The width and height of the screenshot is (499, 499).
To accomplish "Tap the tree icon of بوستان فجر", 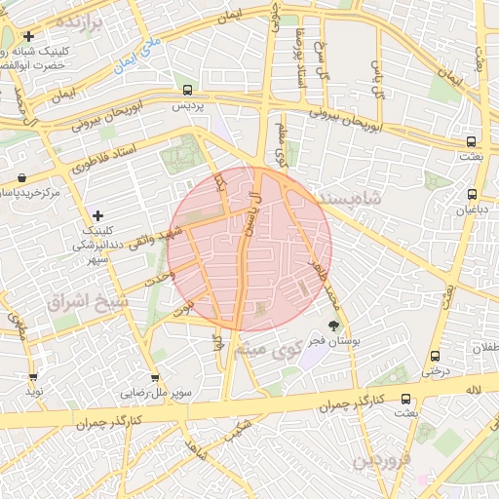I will pos(334,325).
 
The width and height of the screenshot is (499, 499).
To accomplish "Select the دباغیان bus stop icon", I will pos(473,194).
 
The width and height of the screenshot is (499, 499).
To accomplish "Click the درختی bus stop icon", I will pos(433,356).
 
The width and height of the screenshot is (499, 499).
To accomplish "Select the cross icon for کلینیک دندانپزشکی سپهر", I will pos(96,214).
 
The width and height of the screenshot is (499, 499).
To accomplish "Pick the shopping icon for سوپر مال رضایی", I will pos(155,378).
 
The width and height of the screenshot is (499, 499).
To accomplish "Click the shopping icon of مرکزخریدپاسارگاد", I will pos(21,177).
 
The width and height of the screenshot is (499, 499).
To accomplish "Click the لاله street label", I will pos(474,390).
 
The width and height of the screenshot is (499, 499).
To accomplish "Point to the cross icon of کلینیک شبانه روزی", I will pos(29,36).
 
